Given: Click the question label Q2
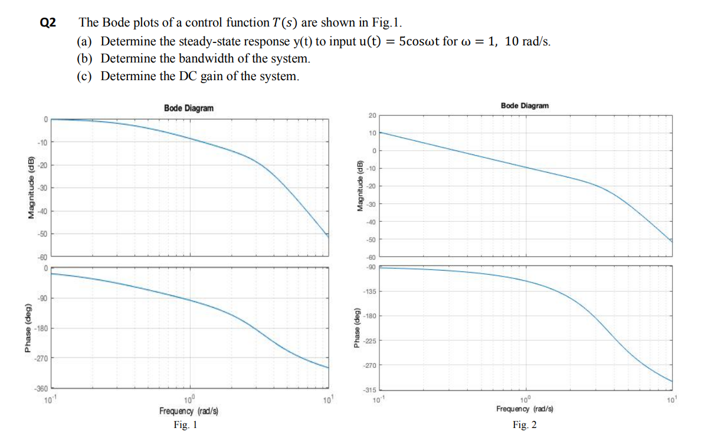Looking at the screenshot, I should click(x=48, y=23).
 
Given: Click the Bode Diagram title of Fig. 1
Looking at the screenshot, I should click(x=189, y=108).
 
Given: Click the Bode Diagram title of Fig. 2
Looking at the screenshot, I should click(x=525, y=106).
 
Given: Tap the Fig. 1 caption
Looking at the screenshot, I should click(x=185, y=424).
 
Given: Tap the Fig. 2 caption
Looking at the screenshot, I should click(x=525, y=424).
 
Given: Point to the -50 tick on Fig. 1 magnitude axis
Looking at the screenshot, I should click(x=42, y=234).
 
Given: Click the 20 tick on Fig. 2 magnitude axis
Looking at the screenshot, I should click(x=372, y=115).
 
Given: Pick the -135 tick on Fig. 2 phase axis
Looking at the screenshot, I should click(x=369, y=292).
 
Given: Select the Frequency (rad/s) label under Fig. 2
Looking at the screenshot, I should click(x=525, y=409).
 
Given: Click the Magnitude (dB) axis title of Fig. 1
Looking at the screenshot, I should click(x=28, y=188).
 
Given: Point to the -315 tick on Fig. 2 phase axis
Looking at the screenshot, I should click(x=369, y=390).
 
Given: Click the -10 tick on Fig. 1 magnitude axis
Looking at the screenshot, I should click(x=42, y=142).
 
